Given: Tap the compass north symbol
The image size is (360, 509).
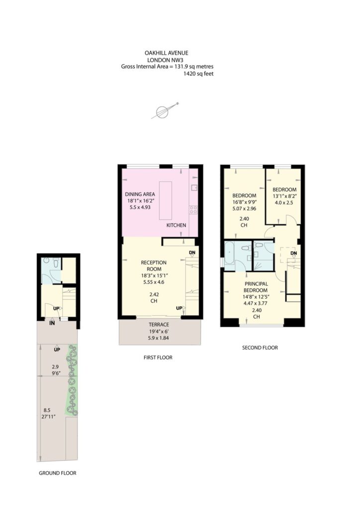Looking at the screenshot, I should [164, 112].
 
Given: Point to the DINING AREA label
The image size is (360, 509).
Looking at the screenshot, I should [140, 194].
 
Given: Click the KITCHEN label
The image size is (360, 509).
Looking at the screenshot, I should [176, 225].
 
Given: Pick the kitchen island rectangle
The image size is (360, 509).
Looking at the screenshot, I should [166, 200].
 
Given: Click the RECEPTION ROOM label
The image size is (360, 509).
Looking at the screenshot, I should [154, 265].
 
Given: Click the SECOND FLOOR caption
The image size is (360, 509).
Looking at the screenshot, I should [260, 348].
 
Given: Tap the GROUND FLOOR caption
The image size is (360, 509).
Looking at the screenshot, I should [58, 473].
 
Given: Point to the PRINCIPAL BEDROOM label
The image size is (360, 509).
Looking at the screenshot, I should [256, 287].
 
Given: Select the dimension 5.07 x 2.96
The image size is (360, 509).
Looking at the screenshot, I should [244, 209].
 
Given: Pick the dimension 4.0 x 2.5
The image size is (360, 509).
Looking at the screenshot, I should [284, 197].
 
